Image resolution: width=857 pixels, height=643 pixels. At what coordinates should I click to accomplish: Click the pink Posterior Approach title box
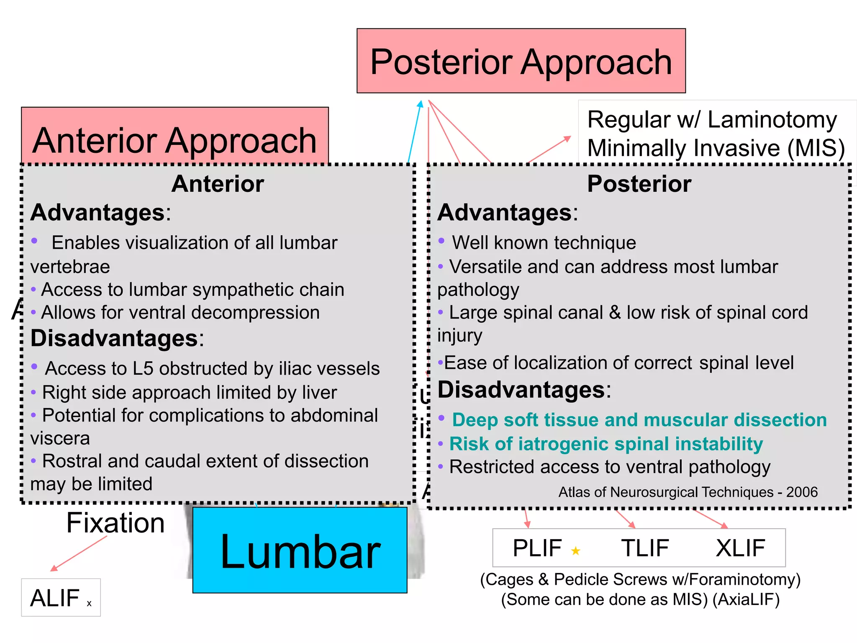(x=521, y=61)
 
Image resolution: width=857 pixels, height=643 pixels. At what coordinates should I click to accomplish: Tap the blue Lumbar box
(x=300, y=550)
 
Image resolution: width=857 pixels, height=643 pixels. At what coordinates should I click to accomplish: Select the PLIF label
(x=537, y=548)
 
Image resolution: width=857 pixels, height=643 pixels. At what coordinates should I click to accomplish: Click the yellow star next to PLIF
(x=576, y=550)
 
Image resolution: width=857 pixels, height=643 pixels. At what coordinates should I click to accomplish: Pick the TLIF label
(x=645, y=548)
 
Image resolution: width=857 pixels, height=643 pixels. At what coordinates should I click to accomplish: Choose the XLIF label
(x=740, y=548)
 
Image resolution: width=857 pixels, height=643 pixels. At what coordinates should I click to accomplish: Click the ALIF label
(x=55, y=598)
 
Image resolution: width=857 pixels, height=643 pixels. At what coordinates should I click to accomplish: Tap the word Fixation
(x=115, y=523)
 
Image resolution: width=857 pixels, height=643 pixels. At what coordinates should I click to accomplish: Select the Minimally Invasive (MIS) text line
(x=716, y=148)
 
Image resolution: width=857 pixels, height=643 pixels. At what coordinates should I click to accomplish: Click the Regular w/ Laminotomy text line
(x=711, y=120)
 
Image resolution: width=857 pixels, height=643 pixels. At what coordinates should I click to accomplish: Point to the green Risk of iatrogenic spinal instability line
(x=606, y=444)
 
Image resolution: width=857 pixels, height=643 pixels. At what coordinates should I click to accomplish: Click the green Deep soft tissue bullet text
(x=639, y=420)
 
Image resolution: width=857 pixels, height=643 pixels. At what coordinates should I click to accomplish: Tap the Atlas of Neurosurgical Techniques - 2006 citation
(x=688, y=492)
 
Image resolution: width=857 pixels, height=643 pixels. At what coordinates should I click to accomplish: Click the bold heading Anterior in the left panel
(x=218, y=184)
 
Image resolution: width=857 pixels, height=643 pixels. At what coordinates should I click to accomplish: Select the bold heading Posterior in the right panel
(x=639, y=184)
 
